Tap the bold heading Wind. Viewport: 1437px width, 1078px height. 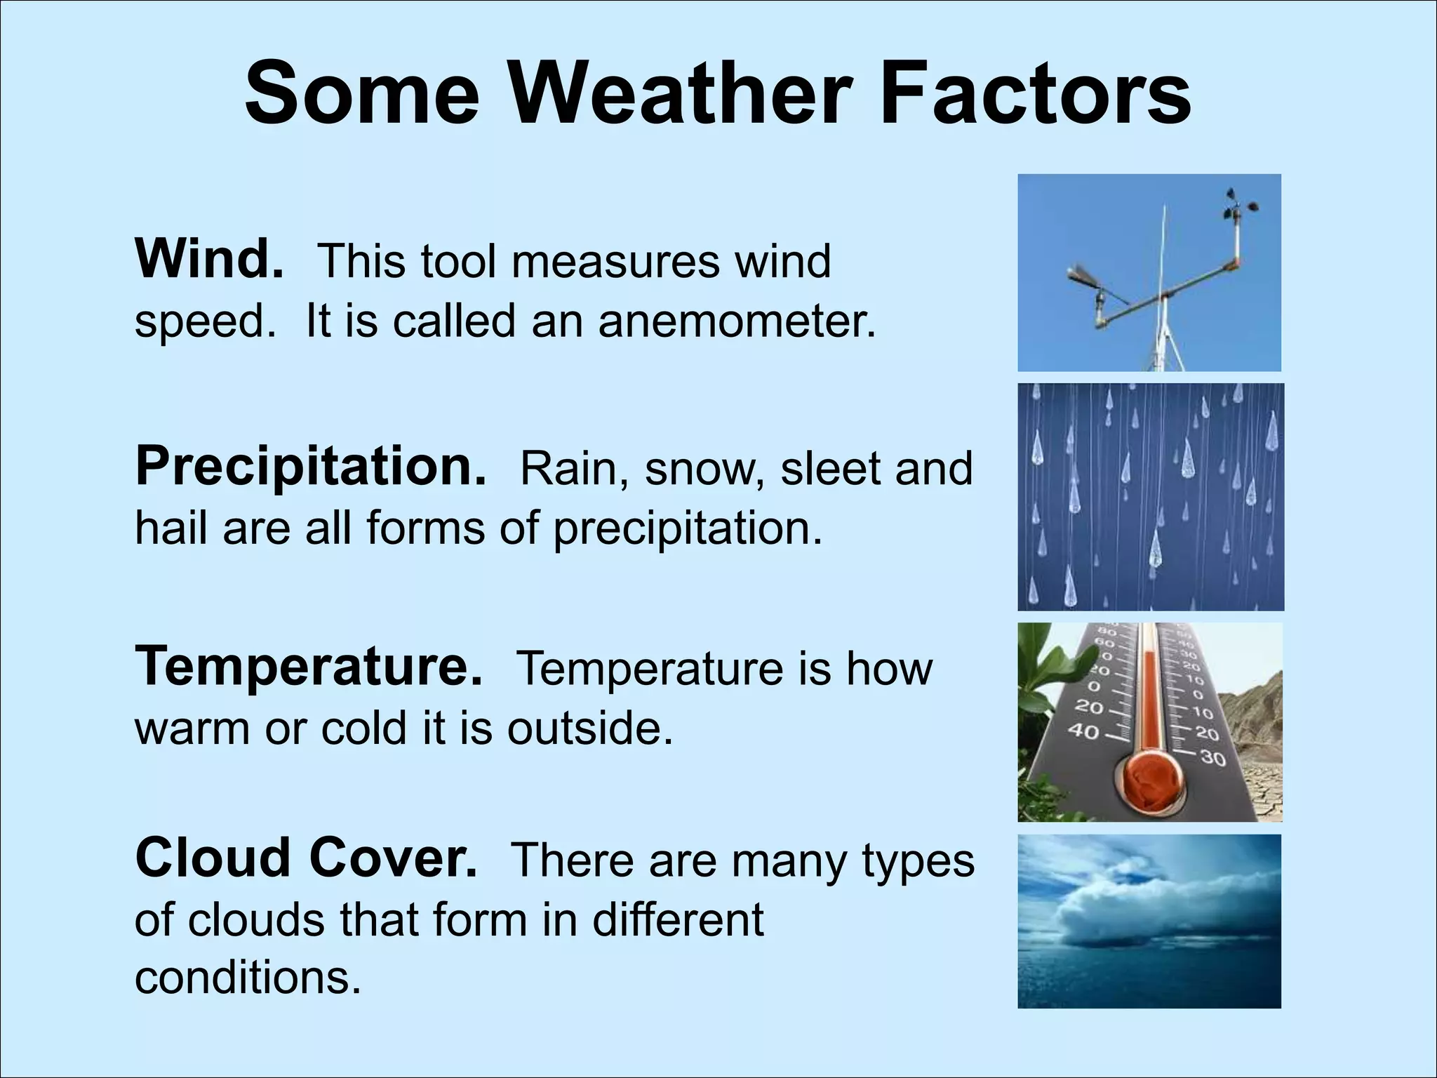coord(208,259)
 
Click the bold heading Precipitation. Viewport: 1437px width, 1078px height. coord(310,466)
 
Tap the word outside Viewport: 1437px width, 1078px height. coord(589,728)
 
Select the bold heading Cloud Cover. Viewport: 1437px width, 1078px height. coord(306,858)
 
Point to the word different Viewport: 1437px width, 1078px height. coord(678,919)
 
